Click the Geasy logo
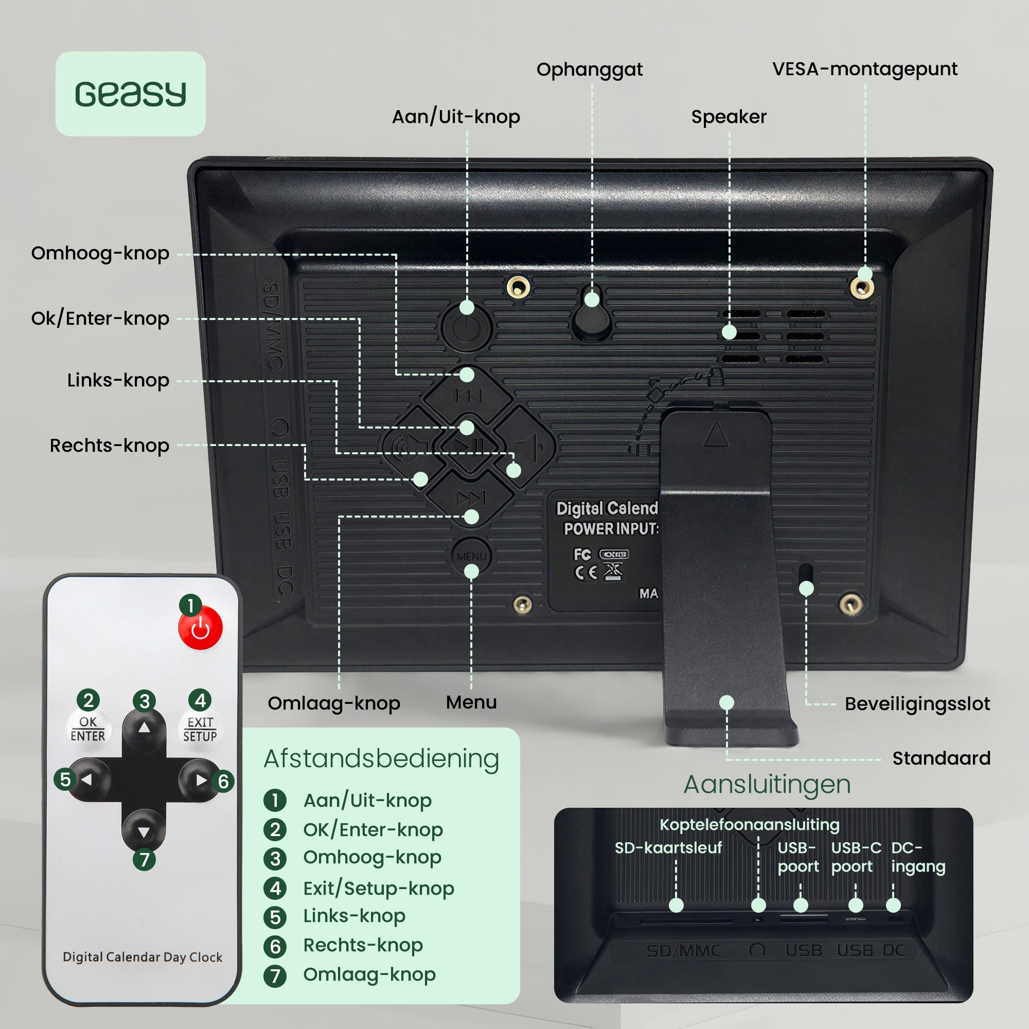[131, 94]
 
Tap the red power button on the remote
[200, 629]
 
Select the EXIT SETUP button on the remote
[200, 729]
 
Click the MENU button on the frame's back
[471, 556]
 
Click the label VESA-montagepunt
[864, 69]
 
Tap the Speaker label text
[729, 117]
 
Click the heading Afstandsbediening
[381, 758]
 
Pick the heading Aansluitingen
[767, 784]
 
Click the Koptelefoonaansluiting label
[750, 824]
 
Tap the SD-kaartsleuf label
[668, 847]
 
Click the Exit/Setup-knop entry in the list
[378, 888]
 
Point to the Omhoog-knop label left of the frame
[100, 253]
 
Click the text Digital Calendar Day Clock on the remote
[142, 957]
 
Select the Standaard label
[941, 758]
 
